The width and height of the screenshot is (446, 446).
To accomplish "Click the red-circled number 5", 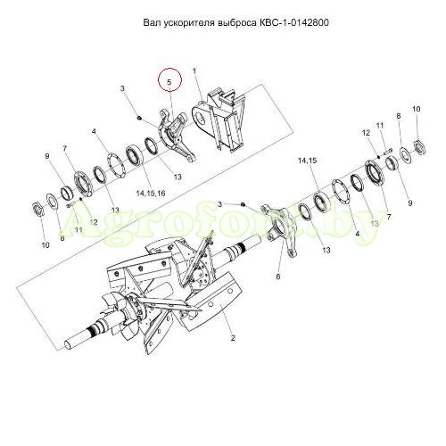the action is pyautogui.click(x=169, y=82).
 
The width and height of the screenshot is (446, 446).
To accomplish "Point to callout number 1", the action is pyautogui.click(x=194, y=70).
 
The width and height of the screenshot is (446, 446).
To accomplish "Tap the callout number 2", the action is pyautogui.click(x=233, y=338).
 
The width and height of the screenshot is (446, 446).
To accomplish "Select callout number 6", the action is pyautogui.click(x=278, y=277).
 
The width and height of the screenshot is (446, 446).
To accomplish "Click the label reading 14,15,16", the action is pyautogui.click(x=151, y=194).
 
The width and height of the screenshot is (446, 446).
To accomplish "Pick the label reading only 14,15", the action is pyautogui.click(x=308, y=161).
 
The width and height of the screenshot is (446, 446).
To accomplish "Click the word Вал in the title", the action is pyautogui.click(x=152, y=22).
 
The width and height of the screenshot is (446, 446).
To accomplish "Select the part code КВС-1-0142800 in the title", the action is pyautogui.click(x=293, y=22).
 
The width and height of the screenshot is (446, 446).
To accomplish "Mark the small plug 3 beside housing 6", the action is pyautogui.click(x=243, y=204).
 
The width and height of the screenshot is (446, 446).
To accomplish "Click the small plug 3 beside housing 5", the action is pyautogui.click(x=139, y=118).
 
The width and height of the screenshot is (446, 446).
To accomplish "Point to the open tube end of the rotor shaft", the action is pyautogui.click(x=68, y=344).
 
